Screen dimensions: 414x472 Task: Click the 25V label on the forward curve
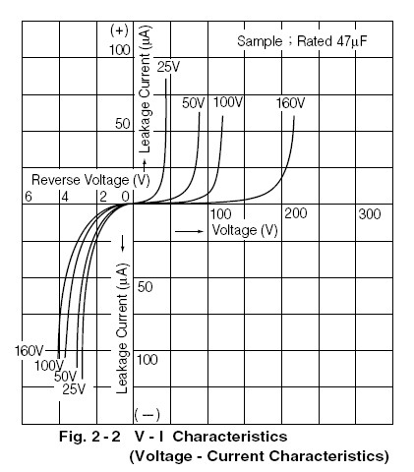[168, 67]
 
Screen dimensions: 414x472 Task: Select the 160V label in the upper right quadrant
[290, 103]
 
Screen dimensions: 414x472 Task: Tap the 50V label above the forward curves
[194, 103]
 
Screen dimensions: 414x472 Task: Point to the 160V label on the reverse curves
[29, 351]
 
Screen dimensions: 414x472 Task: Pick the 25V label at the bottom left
[74, 389]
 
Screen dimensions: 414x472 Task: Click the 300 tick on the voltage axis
[370, 214]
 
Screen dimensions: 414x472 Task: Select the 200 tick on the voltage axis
[296, 213]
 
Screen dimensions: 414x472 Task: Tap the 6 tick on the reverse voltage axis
[29, 197]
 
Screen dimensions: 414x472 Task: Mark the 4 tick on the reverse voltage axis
[65, 197]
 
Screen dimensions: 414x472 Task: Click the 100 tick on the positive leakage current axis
[120, 50]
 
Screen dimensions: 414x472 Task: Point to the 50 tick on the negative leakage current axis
[145, 287]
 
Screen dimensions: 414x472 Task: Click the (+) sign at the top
[119, 30]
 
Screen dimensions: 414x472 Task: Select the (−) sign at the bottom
[147, 415]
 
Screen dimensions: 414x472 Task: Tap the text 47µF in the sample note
[351, 41]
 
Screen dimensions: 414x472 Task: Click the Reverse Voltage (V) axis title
[90, 180]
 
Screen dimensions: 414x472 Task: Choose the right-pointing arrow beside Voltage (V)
[189, 231]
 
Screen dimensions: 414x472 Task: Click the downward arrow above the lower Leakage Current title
[123, 243]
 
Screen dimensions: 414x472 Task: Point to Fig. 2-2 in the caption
[89, 437]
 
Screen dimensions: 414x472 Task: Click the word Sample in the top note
[260, 41]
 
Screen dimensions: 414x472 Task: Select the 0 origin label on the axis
[125, 197]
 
